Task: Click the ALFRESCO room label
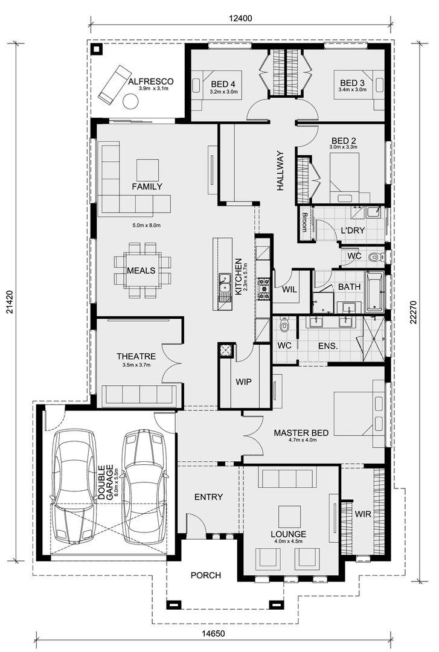(x=150, y=81)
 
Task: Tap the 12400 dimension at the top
(x=240, y=18)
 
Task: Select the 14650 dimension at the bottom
(x=213, y=634)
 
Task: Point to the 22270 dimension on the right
(x=413, y=312)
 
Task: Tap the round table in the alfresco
(x=130, y=101)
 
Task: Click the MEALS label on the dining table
(x=141, y=270)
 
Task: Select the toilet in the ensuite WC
(x=284, y=325)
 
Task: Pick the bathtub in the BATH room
(x=374, y=292)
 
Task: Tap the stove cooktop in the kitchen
(x=263, y=289)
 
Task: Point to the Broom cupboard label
(x=304, y=222)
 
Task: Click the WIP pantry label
(x=243, y=382)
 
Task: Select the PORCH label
(x=205, y=575)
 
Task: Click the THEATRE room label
(x=136, y=356)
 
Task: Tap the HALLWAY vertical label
(x=280, y=170)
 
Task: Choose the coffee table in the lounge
(x=289, y=516)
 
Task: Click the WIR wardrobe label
(x=363, y=514)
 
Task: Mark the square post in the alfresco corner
(x=97, y=50)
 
